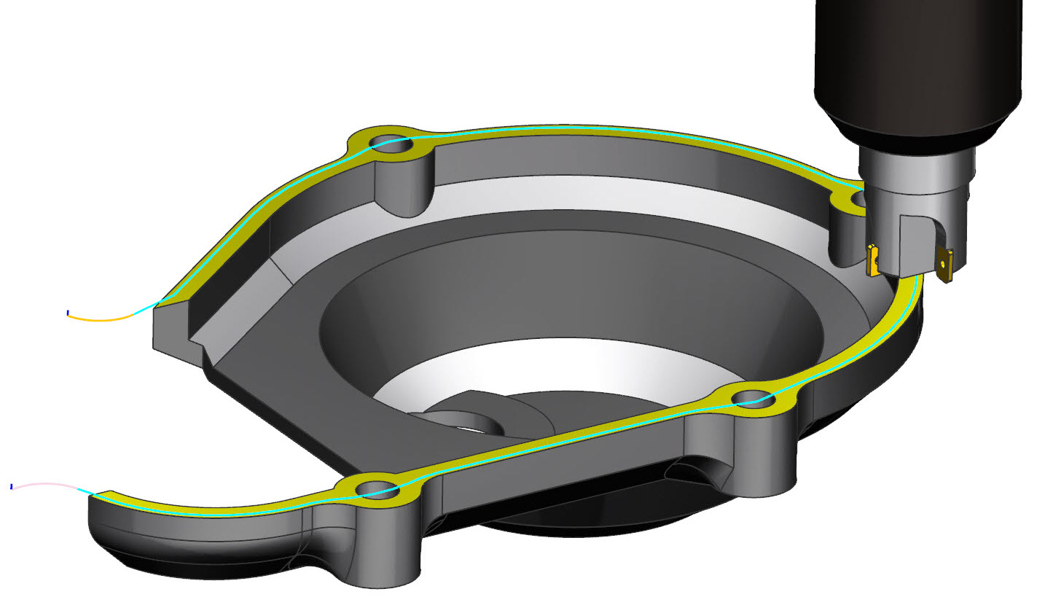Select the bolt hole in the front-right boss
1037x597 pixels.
(751, 397)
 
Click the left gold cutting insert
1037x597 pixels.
(872, 260)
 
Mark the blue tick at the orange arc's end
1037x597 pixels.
(68, 313)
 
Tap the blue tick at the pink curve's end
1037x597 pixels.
(12, 485)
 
